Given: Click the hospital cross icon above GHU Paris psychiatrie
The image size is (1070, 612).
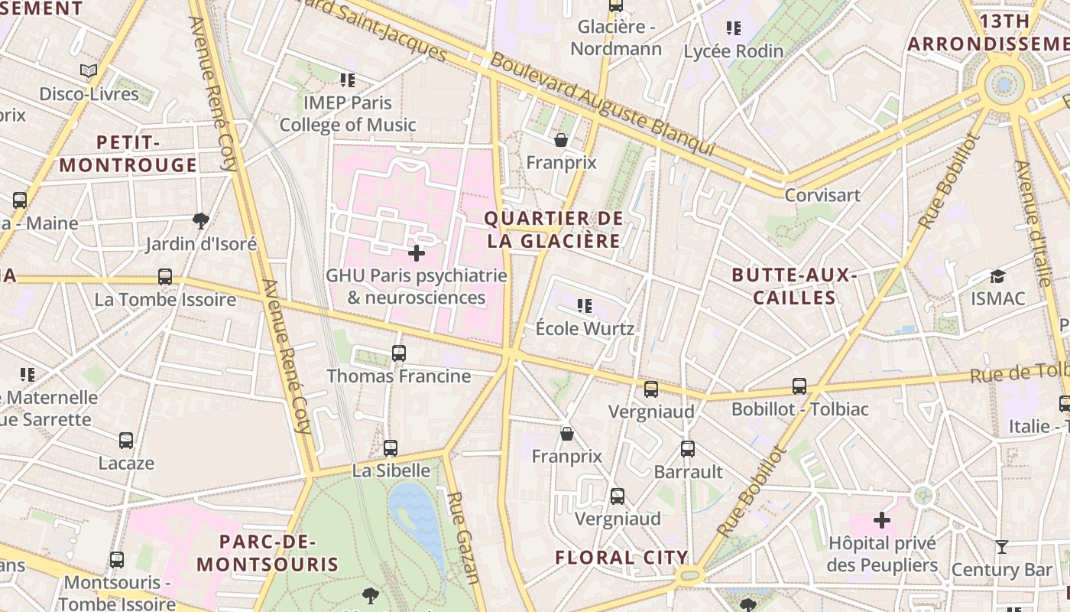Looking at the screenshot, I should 417,252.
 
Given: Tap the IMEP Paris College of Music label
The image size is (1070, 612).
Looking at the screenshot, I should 348,113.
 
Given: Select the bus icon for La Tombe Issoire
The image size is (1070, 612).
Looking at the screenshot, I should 165,276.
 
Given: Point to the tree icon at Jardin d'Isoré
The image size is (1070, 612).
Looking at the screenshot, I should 201,221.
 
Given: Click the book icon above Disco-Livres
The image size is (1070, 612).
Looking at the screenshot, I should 89,71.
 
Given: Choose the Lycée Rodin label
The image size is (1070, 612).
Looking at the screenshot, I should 733,51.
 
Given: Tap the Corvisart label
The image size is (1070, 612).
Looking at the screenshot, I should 822,195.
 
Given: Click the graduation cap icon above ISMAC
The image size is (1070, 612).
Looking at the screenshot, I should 997,276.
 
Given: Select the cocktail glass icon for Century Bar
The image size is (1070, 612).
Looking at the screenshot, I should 1002,546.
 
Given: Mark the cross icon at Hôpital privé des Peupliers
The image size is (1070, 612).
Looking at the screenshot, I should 882,520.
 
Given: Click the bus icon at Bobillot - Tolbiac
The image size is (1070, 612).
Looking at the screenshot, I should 799,386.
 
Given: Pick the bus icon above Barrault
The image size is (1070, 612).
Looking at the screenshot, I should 688,449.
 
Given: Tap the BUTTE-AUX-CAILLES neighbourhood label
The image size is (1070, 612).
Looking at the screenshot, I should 794,286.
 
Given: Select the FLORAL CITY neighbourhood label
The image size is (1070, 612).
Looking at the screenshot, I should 621,557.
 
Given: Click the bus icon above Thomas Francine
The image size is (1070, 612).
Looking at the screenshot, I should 399,353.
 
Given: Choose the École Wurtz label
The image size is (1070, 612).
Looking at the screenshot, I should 585,329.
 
